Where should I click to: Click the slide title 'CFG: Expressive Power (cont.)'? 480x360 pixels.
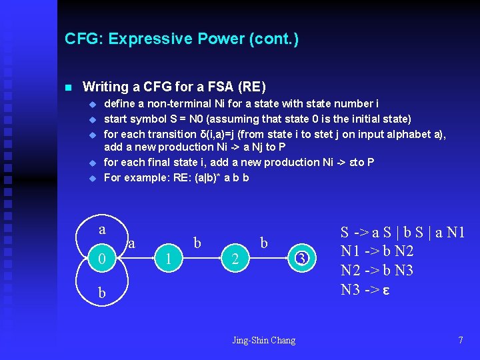click(181, 39)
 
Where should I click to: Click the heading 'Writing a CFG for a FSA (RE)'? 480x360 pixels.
click(173, 87)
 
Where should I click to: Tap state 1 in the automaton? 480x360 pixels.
click(169, 259)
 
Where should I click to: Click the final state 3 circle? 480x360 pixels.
click(301, 258)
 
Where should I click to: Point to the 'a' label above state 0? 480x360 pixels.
click(102, 229)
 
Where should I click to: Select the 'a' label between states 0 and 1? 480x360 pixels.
click(131, 244)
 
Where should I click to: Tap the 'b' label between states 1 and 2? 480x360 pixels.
click(197, 243)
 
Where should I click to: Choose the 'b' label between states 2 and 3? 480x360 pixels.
click(264, 243)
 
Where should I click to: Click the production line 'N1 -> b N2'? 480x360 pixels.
click(377, 251)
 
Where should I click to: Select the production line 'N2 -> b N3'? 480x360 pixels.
click(377, 271)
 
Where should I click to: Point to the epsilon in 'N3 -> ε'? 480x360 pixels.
click(385, 290)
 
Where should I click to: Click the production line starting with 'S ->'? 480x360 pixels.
click(403, 233)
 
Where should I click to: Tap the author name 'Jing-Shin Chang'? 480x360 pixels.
click(263, 341)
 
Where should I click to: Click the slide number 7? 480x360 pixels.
click(460, 341)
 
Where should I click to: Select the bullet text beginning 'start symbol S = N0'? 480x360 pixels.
click(257, 119)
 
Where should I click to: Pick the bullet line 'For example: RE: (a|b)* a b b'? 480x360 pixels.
click(176, 177)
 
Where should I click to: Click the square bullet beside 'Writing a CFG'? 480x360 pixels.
click(67, 87)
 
